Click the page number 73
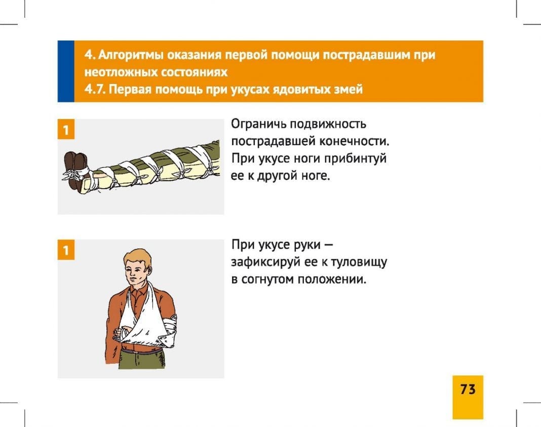pyautogui.click(x=468, y=389)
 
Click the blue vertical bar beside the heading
pyautogui.click(x=66, y=71)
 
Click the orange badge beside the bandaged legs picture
pyautogui.click(x=66, y=130)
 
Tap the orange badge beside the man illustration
pyautogui.click(x=66, y=250)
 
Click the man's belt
pyautogui.click(x=141, y=351)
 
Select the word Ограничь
pyautogui.click(x=259, y=124)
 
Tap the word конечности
pyautogui.click(x=355, y=141)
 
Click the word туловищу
pyautogui.click(x=359, y=262)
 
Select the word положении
pyautogui.click(x=332, y=279)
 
